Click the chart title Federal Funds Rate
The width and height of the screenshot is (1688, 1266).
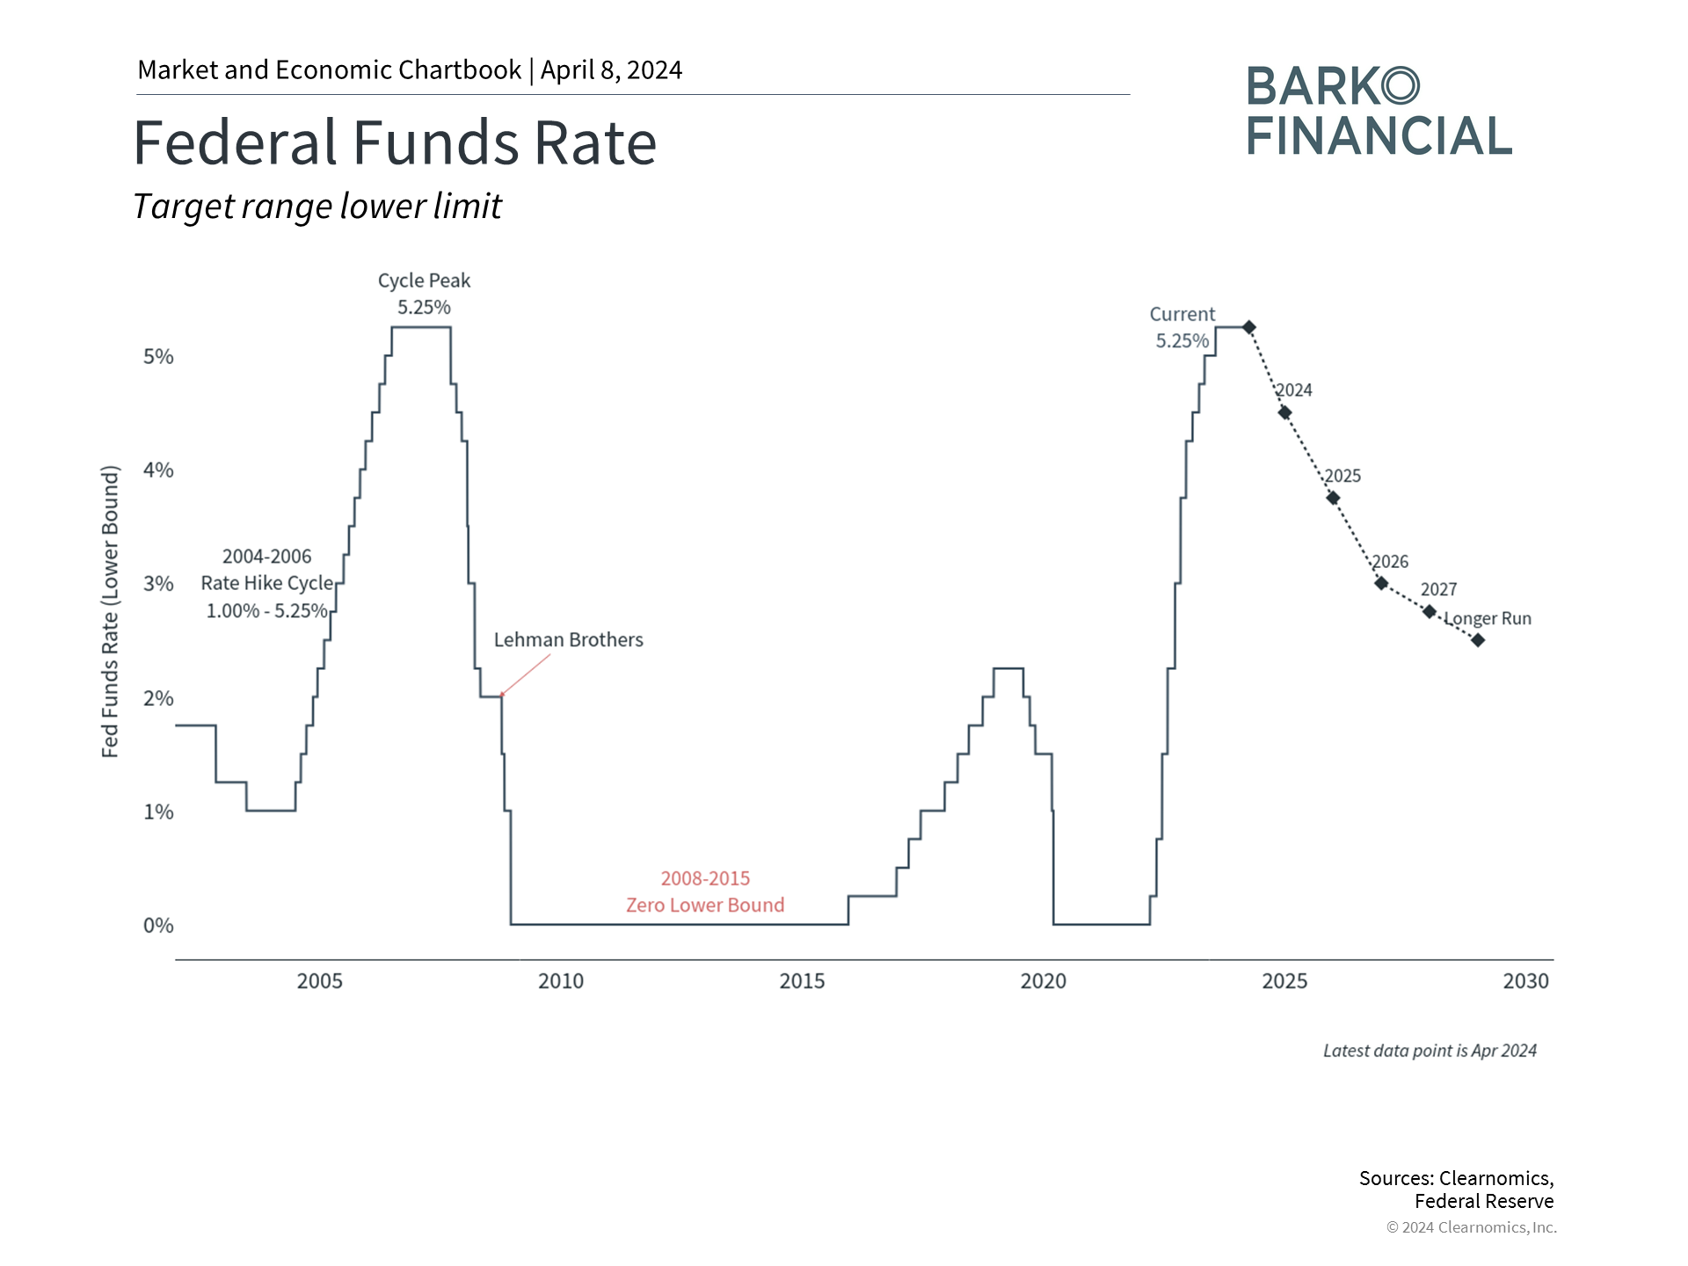pyautogui.click(x=395, y=143)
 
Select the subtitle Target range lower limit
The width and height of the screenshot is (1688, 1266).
pyautogui.click(x=317, y=207)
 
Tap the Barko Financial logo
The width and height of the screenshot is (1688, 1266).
pyautogui.click(x=1378, y=112)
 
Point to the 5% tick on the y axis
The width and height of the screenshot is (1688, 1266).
pyautogui.click(x=158, y=357)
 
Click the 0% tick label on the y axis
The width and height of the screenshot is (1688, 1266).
pyautogui.click(x=158, y=926)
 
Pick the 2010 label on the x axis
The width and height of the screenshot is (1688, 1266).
pyautogui.click(x=561, y=981)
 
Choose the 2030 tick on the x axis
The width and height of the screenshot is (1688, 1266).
pyautogui.click(x=1525, y=981)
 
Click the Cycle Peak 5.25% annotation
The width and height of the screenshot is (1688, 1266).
pyautogui.click(x=424, y=294)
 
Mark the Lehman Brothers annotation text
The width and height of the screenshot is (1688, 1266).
pyautogui.click(x=568, y=640)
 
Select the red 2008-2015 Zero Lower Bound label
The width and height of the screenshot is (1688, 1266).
pyautogui.click(x=705, y=891)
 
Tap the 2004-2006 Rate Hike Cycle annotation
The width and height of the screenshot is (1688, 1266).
pyautogui.click(x=267, y=583)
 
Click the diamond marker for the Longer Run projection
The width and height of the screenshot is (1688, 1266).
pyautogui.click(x=1478, y=640)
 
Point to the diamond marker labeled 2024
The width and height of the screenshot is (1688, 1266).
pyautogui.click(x=1284, y=412)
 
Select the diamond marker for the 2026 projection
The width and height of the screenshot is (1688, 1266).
pyautogui.click(x=1381, y=583)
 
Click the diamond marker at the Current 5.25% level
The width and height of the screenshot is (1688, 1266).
pyautogui.click(x=1248, y=327)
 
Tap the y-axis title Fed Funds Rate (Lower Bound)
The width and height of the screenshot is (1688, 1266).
pyautogui.click(x=110, y=611)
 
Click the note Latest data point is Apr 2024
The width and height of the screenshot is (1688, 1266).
pyautogui.click(x=1430, y=1051)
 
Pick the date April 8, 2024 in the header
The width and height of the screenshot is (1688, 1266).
pyautogui.click(x=611, y=70)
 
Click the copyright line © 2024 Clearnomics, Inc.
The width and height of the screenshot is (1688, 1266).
pyautogui.click(x=1471, y=1227)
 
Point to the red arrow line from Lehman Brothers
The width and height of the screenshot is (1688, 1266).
pyautogui.click(x=526, y=674)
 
